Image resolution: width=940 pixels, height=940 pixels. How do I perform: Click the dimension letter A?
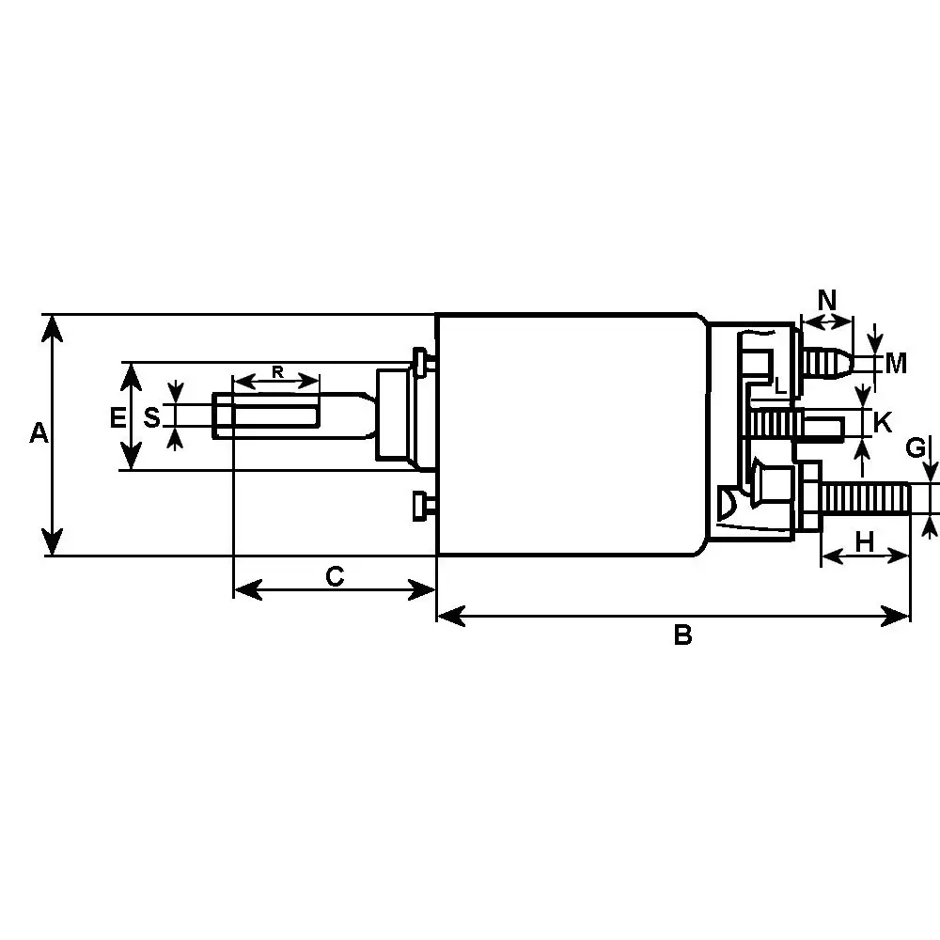click(x=38, y=433)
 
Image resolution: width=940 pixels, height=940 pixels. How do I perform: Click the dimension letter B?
click(x=682, y=635)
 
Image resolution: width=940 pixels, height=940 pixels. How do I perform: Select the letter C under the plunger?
click(x=335, y=575)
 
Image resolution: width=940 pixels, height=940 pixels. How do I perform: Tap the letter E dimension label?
click(x=117, y=417)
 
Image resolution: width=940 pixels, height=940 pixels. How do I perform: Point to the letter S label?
click(x=151, y=415)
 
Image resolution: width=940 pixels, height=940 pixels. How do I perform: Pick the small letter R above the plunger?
click(x=277, y=371)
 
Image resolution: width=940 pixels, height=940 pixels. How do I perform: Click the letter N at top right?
click(x=827, y=301)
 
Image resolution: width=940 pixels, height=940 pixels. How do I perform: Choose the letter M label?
click(x=896, y=363)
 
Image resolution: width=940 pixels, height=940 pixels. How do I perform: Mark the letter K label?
click(x=883, y=423)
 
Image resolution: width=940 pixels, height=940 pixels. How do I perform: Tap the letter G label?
click(x=916, y=448)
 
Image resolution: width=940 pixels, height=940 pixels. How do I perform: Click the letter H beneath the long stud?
click(x=865, y=541)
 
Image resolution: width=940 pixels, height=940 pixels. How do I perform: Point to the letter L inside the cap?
click(x=779, y=385)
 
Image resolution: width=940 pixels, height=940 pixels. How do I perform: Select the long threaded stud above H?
click(x=866, y=497)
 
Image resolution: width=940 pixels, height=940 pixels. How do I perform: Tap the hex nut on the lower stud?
click(x=808, y=497)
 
